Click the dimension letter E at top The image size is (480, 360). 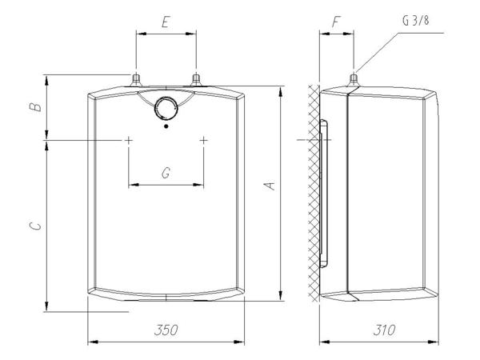pos(164,23)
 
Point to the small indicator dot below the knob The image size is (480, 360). pos(166,126)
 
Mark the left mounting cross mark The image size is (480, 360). pos(128,140)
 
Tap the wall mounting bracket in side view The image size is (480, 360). pos(324,192)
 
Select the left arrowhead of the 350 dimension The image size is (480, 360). pos(90,343)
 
